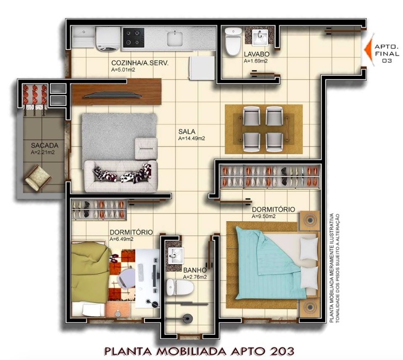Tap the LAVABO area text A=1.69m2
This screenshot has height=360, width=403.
pyautogui.click(x=256, y=61)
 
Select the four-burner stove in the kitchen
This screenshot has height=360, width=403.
pyautogui.click(x=134, y=38)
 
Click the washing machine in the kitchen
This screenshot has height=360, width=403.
pyautogui.click(x=108, y=39)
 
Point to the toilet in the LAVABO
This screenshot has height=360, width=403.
pyautogui.click(x=233, y=42)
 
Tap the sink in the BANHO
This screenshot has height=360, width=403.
pyautogui.click(x=176, y=256)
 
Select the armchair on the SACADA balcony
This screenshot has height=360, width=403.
pyautogui.click(x=38, y=178)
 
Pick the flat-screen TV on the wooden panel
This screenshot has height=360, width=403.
pyautogui.click(x=113, y=95)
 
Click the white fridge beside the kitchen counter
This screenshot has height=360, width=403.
pyautogui.click(x=202, y=68)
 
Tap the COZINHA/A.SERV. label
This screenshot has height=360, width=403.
pyautogui.click(x=140, y=63)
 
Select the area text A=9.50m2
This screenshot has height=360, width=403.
pyautogui.click(x=264, y=216)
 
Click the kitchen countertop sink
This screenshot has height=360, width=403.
pyautogui.click(x=175, y=39)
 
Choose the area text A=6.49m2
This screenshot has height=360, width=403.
pyautogui.click(x=122, y=239)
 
